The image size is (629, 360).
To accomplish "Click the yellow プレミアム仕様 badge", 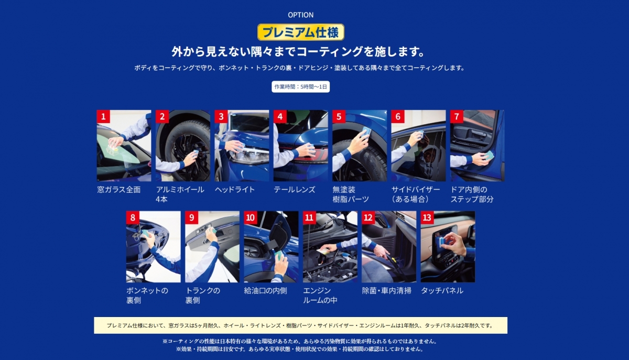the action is click(x=301, y=32).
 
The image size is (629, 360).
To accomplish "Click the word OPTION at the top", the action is click(x=301, y=15).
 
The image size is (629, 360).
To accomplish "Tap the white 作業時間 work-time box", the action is click(x=301, y=87).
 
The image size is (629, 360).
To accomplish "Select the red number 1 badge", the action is click(x=103, y=116).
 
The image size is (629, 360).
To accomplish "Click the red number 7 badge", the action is click(x=457, y=116).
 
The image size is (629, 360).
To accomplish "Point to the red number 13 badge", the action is click(x=427, y=217).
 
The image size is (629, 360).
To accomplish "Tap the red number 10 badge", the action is click(x=250, y=217).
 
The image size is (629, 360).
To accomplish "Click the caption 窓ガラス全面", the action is click(x=119, y=190).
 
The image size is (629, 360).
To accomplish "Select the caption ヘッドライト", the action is click(x=235, y=190).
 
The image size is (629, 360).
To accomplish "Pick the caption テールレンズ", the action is click(x=295, y=190).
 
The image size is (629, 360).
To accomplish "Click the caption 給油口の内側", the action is click(x=265, y=291).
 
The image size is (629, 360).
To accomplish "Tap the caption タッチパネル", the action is click(x=442, y=291).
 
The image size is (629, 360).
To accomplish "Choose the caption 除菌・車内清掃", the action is click(x=387, y=291).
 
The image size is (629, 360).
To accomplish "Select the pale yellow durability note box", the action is click(x=300, y=325).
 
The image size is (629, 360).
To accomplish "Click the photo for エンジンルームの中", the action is click(x=330, y=247).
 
